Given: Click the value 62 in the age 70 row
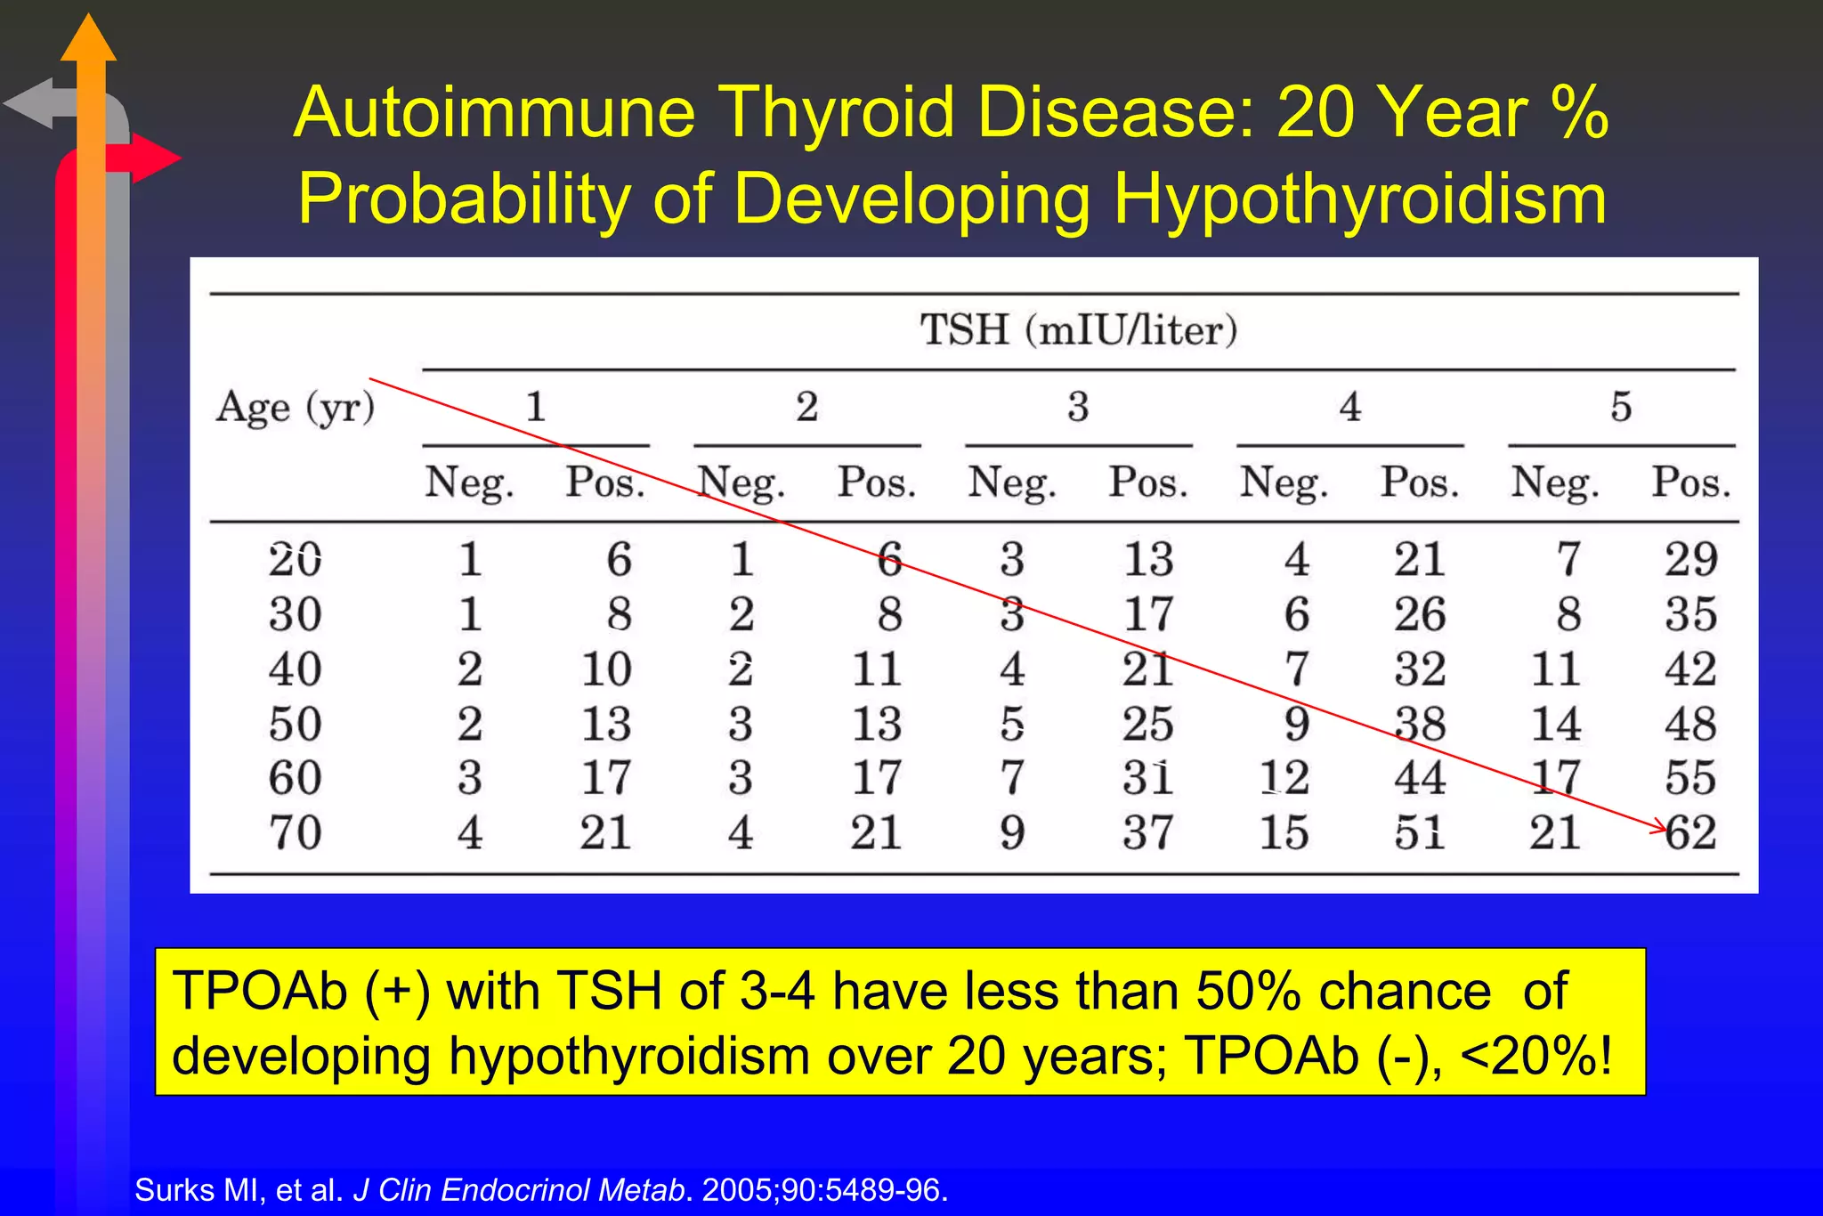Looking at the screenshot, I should pyautogui.click(x=1690, y=833).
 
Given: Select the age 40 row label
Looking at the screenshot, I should pyautogui.click(x=295, y=669).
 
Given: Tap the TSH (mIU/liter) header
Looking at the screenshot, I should pyautogui.click(x=1078, y=330).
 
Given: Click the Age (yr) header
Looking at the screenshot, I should pyautogui.click(x=295, y=408).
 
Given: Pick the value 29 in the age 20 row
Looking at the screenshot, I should pyautogui.click(x=1690, y=560).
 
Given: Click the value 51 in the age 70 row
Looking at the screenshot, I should pyautogui.click(x=1419, y=833).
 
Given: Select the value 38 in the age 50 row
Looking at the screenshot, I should pyautogui.click(x=1419, y=724).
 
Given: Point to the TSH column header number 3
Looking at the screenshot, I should pyautogui.click(x=1078, y=407).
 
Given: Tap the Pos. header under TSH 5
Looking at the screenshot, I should pyautogui.click(x=1690, y=483).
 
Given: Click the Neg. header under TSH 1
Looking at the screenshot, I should pyautogui.click(x=469, y=483).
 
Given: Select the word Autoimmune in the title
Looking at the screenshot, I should pyautogui.click(x=494, y=113).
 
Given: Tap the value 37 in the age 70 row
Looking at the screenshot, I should pyautogui.click(x=1147, y=833).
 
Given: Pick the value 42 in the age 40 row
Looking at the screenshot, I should pyautogui.click(x=1690, y=669).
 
